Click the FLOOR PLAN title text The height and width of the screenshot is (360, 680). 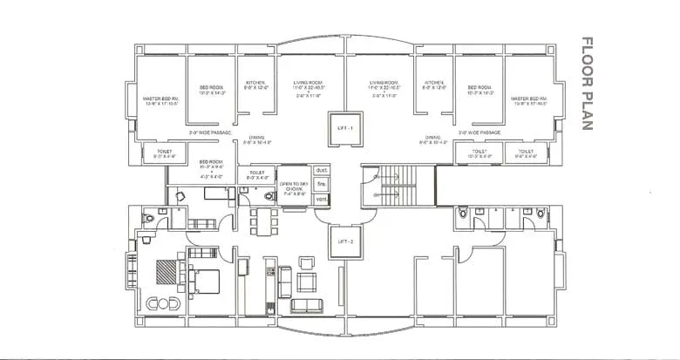587,84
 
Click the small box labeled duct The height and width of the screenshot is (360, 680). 321,170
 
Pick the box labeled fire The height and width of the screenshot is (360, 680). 321,184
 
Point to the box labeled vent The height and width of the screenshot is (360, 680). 321,199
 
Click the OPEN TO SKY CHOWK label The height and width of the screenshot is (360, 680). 294,187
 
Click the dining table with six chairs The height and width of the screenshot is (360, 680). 259,217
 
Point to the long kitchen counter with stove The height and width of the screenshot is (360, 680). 272,283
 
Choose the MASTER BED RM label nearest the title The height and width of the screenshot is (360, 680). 528,103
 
